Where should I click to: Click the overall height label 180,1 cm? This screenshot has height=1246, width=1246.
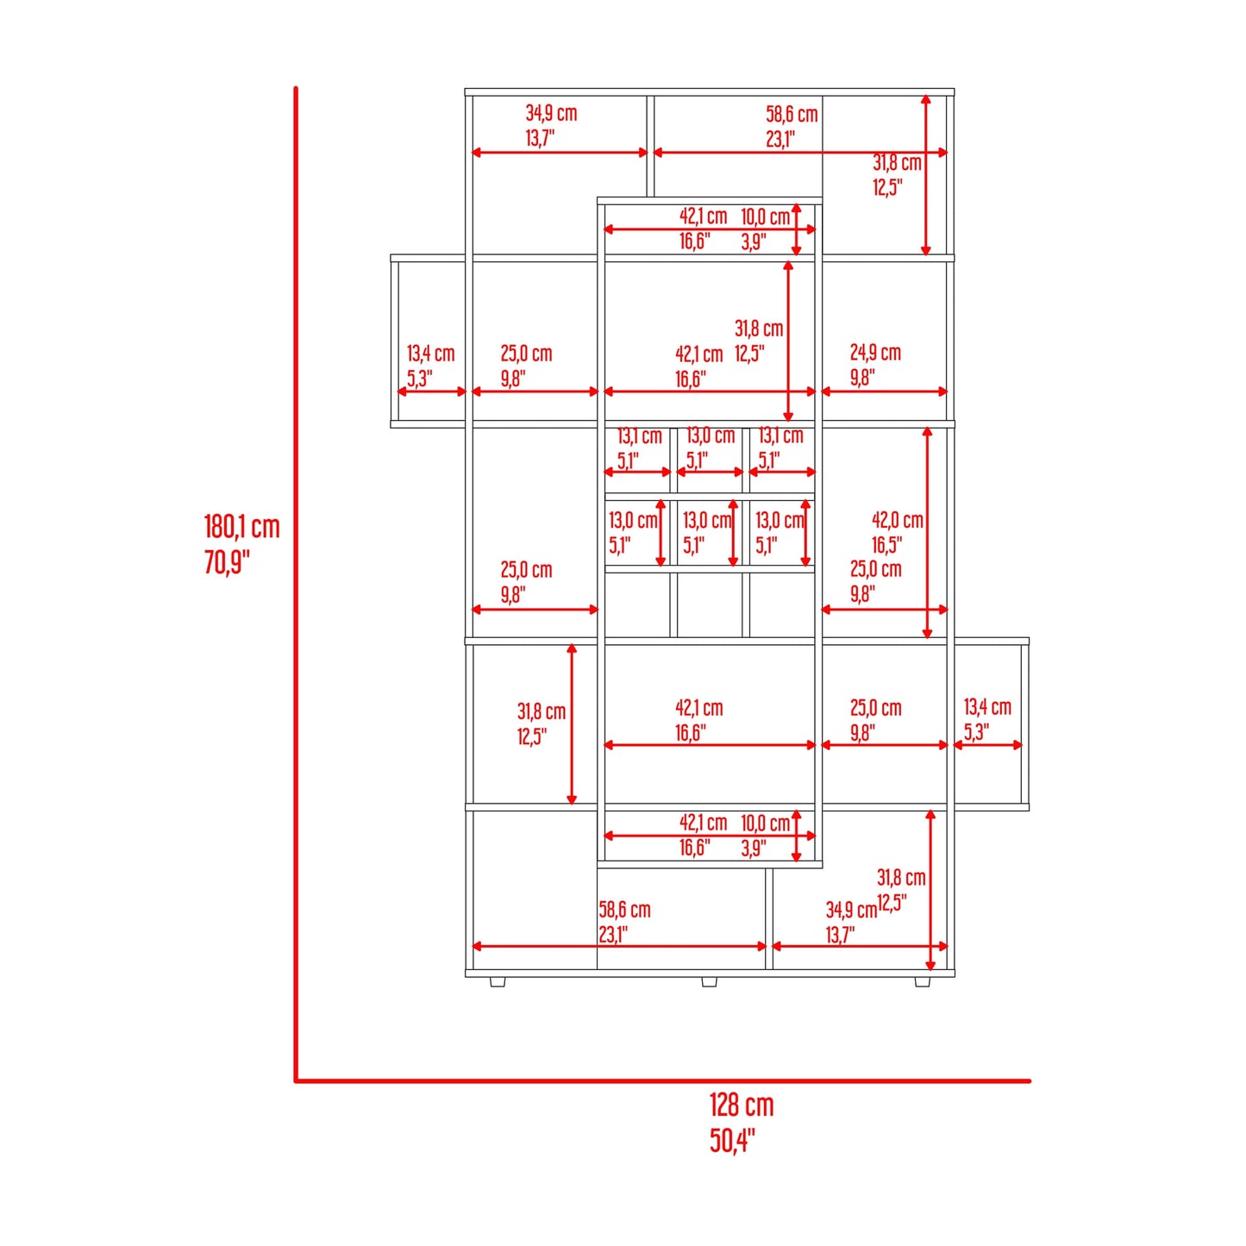pos(241,528)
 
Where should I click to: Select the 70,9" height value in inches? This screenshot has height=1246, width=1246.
pos(227,563)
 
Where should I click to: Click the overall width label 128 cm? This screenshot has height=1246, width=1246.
pos(741,1105)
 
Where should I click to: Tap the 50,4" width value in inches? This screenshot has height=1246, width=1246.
pos(732,1141)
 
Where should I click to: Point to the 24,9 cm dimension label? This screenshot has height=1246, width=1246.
pos(875,353)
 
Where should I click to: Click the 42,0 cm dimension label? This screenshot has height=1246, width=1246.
pos(898,520)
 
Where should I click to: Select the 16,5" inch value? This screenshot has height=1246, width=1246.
pos(886,544)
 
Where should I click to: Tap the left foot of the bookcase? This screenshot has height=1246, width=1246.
pos(497,981)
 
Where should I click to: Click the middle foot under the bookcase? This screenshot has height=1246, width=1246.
pos(709,981)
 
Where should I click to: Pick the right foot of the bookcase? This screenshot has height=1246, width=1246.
pos(922,981)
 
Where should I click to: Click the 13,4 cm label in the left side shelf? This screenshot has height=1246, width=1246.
pos(430,354)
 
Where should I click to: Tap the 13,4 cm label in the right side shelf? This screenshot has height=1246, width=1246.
pos(987,707)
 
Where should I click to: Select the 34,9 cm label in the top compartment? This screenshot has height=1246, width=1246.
pos(551,113)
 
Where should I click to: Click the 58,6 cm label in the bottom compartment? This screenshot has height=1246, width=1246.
pos(624,910)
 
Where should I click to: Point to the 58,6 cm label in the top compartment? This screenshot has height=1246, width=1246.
pos(792,115)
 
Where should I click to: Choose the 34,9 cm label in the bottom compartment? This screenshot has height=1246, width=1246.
pos(851,910)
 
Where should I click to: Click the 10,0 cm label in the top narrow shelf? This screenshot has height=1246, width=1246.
pos(765,216)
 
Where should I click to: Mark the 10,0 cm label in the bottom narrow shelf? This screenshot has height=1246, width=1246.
pos(765,823)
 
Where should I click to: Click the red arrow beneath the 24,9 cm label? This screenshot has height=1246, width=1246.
pos(885,391)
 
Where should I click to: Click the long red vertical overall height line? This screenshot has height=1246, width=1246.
pos(296,584)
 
